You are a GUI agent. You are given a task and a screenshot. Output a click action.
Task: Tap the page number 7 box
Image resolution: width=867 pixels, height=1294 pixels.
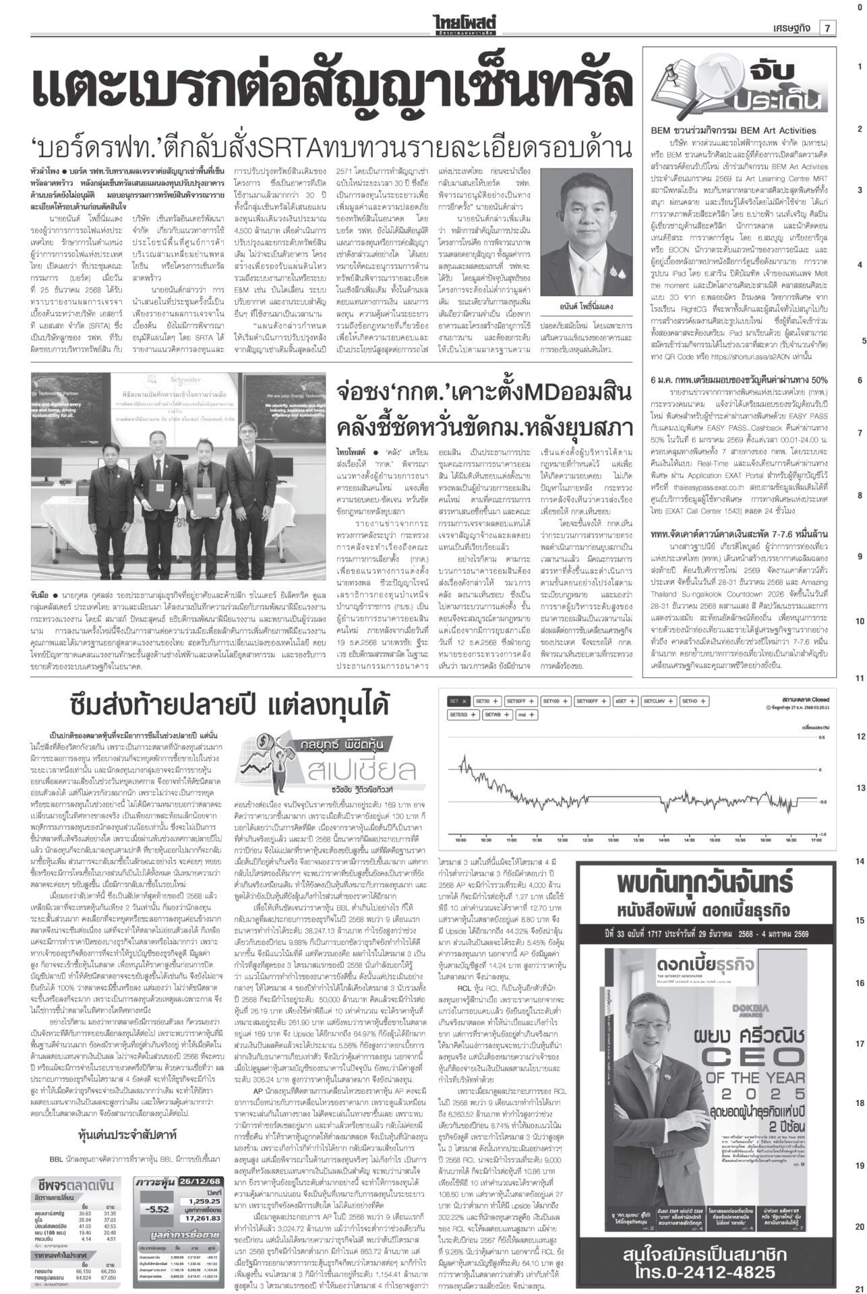[x=827, y=28]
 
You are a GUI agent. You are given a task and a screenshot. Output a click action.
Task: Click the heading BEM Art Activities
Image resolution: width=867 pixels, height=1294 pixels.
[x=733, y=130]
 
